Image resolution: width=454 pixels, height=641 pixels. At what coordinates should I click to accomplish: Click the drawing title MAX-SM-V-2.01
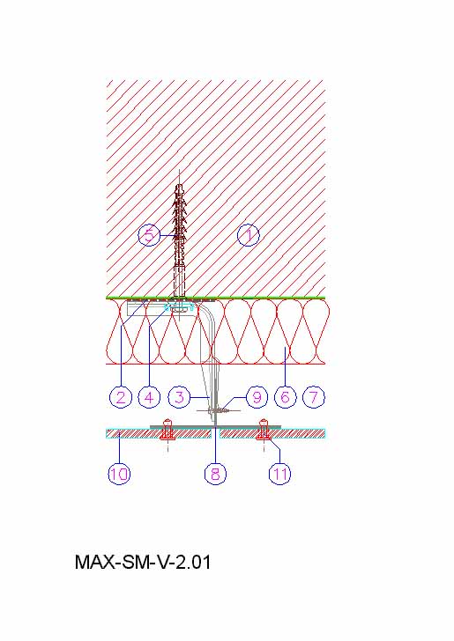tap(143, 562)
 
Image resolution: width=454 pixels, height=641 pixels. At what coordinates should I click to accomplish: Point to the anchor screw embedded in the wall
tap(179, 240)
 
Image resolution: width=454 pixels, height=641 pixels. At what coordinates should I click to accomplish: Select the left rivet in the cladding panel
tap(167, 430)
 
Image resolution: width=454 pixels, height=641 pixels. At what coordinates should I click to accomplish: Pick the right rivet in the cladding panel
tap(263, 430)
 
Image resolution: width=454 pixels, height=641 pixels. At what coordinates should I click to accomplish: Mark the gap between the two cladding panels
tap(216, 433)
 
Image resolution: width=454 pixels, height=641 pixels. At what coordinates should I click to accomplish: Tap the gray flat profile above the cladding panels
tap(215, 427)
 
